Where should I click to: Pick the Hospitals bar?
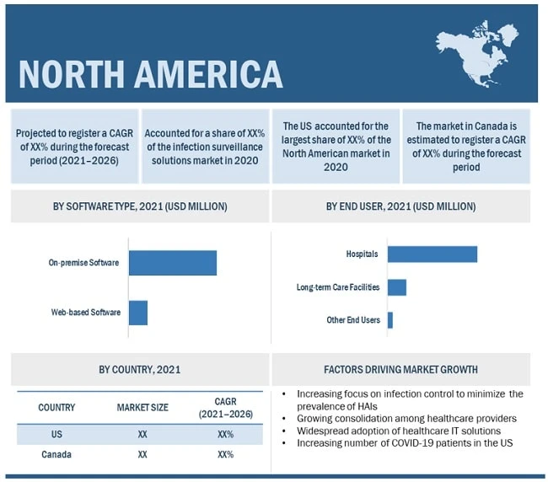coord(432,254)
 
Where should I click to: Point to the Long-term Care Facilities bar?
coord(397,287)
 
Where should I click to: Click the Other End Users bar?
coord(390,320)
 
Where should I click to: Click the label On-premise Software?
coord(83,263)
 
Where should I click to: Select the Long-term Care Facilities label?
coord(338,287)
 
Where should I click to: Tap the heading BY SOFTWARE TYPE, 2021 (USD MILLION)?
coord(140,206)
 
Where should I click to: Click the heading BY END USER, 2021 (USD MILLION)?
coord(400,206)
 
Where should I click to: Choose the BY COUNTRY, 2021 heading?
coord(140,369)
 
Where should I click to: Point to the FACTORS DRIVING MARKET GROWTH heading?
coord(400,369)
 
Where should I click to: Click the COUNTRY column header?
coord(57,408)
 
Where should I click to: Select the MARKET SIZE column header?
coord(142,408)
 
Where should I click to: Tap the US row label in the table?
coord(57,434)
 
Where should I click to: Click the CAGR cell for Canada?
coord(225,454)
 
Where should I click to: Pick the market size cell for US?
coord(142,434)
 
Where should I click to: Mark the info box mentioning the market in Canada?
coord(466,146)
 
